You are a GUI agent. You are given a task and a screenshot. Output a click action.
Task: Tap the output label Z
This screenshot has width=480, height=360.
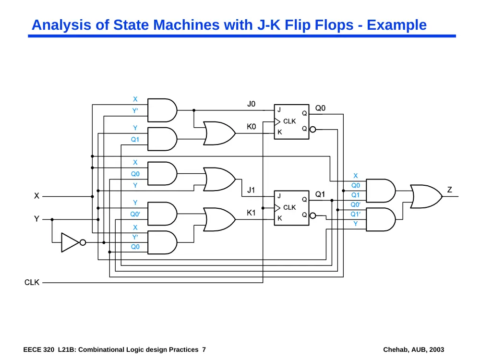pyautogui.click(x=449, y=190)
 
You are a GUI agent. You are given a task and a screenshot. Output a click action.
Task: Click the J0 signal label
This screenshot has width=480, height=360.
pyautogui.click(x=252, y=104)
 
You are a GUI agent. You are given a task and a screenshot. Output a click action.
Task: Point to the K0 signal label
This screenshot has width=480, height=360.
pyautogui.click(x=252, y=127)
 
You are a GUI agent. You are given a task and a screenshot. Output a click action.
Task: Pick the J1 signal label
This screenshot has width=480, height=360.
pyautogui.click(x=251, y=190)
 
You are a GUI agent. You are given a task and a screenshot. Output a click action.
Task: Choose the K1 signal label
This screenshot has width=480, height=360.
pyautogui.click(x=251, y=213)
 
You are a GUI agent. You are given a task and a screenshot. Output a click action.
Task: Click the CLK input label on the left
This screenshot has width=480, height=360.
pyautogui.click(x=32, y=282)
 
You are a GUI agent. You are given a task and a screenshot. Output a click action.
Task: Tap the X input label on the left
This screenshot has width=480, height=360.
pyautogui.click(x=36, y=196)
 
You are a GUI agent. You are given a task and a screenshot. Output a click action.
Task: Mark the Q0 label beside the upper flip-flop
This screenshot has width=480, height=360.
pyautogui.click(x=320, y=108)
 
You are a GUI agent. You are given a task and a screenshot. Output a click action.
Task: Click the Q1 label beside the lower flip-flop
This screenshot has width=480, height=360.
pyautogui.click(x=320, y=194)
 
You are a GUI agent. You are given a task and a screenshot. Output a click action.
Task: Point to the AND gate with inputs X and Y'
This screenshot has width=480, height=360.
pyautogui.click(x=162, y=110)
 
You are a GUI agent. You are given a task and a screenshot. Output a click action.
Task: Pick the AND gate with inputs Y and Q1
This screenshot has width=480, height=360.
pyautogui.click(x=162, y=139)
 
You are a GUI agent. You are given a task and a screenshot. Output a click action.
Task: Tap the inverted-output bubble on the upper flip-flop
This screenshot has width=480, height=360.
pyautogui.click(x=312, y=130)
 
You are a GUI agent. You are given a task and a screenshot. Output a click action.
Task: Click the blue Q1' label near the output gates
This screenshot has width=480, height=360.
pyautogui.click(x=355, y=214)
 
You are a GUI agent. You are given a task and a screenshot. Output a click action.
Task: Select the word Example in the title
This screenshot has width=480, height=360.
pyautogui.click(x=397, y=25)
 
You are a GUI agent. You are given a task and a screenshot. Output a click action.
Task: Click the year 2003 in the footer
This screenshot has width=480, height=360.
pyautogui.click(x=436, y=349)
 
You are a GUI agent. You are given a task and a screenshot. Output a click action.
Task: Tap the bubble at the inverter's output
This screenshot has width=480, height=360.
pyautogui.click(x=83, y=242)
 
